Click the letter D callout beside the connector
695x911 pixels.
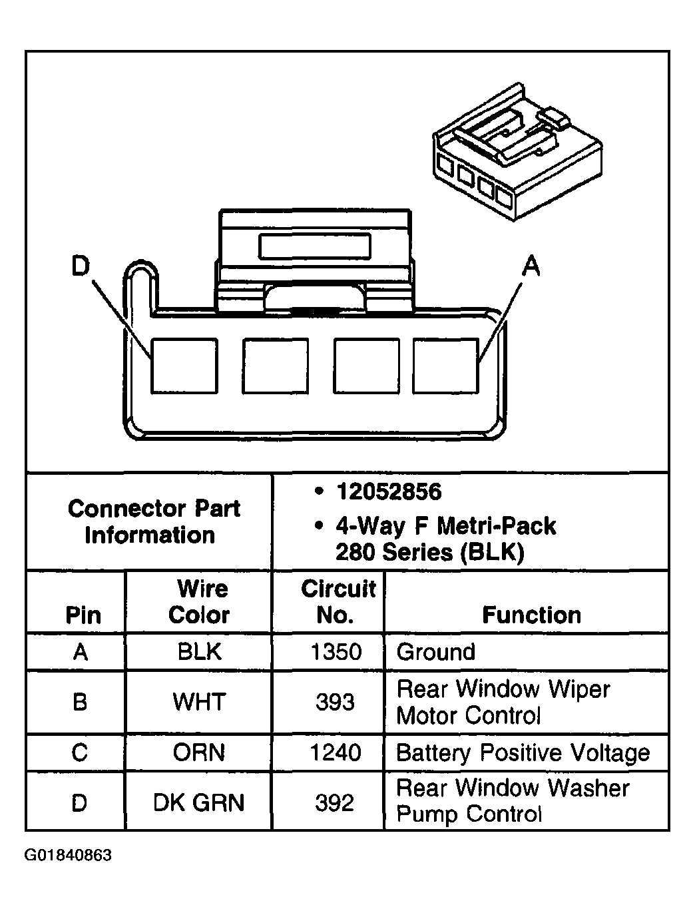pos(81,266)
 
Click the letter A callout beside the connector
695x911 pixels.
pos(530,266)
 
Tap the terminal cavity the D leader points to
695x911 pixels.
pos(184,366)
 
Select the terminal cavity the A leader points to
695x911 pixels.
pos(445,366)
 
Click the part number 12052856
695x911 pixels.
pos(389,492)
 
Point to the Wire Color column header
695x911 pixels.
pos(199,601)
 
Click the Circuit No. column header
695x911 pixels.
pos(337,601)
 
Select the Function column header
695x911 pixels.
pos(531,614)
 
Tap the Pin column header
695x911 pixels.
pos(83,615)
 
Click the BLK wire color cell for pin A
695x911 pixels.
pos(199,651)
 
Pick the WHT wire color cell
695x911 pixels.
pos(199,702)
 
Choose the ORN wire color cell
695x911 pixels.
pos(199,753)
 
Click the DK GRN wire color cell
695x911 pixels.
pos(199,802)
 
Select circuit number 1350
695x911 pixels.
pos(336,651)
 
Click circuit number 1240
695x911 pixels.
pos(336,753)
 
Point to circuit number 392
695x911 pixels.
pos(335,802)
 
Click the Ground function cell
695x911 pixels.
pos(436,651)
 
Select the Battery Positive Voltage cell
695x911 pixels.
pos(523,753)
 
